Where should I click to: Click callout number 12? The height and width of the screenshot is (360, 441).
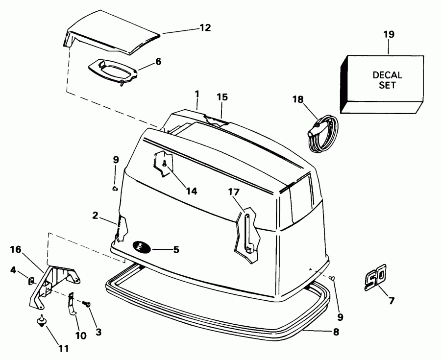[205, 28]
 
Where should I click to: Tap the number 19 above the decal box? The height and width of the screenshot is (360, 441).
[389, 35]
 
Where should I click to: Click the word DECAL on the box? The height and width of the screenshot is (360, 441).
[387, 75]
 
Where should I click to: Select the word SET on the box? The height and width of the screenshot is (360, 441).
[387, 85]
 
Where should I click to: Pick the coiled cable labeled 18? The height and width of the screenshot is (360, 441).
[320, 133]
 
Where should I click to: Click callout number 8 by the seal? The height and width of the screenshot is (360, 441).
[336, 332]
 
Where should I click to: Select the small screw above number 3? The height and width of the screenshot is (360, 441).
[88, 304]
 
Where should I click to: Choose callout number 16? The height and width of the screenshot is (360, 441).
[16, 249]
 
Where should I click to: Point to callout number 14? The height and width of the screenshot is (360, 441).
[191, 191]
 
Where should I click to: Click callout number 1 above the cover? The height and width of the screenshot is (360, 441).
[196, 93]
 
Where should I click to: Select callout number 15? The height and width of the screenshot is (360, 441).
[222, 97]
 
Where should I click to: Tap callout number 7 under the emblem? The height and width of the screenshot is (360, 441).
[391, 300]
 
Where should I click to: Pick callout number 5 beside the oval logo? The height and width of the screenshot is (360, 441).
[176, 249]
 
